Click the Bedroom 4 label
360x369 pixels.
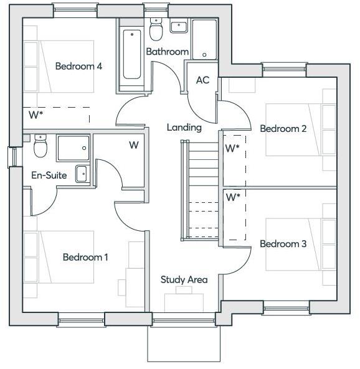click(x=78, y=66)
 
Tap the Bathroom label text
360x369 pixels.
click(x=167, y=52)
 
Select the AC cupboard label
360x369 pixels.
click(x=202, y=80)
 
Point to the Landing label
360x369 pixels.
click(x=184, y=128)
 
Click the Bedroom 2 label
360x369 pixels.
click(x=283, y=129)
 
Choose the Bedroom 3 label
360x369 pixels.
click(x=283, y=244)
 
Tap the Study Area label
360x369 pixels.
click(x=184, y=280)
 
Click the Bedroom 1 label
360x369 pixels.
click(x=85, y=257)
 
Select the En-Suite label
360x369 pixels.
click(x=49, y=175)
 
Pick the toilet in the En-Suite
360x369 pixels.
click(x=41, y=147)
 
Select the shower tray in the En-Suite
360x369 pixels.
click(x=73, y=148)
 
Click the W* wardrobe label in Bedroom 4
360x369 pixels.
click(x=36, y=115)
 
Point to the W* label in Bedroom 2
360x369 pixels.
click(x=232, y=149)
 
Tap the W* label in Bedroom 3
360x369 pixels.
click(x=232, y=197)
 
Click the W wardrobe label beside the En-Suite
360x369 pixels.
click(x=133, y=146)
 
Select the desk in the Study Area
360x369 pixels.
click(x=184, y=302)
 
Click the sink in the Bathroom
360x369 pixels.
click(x=178, y=27)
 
